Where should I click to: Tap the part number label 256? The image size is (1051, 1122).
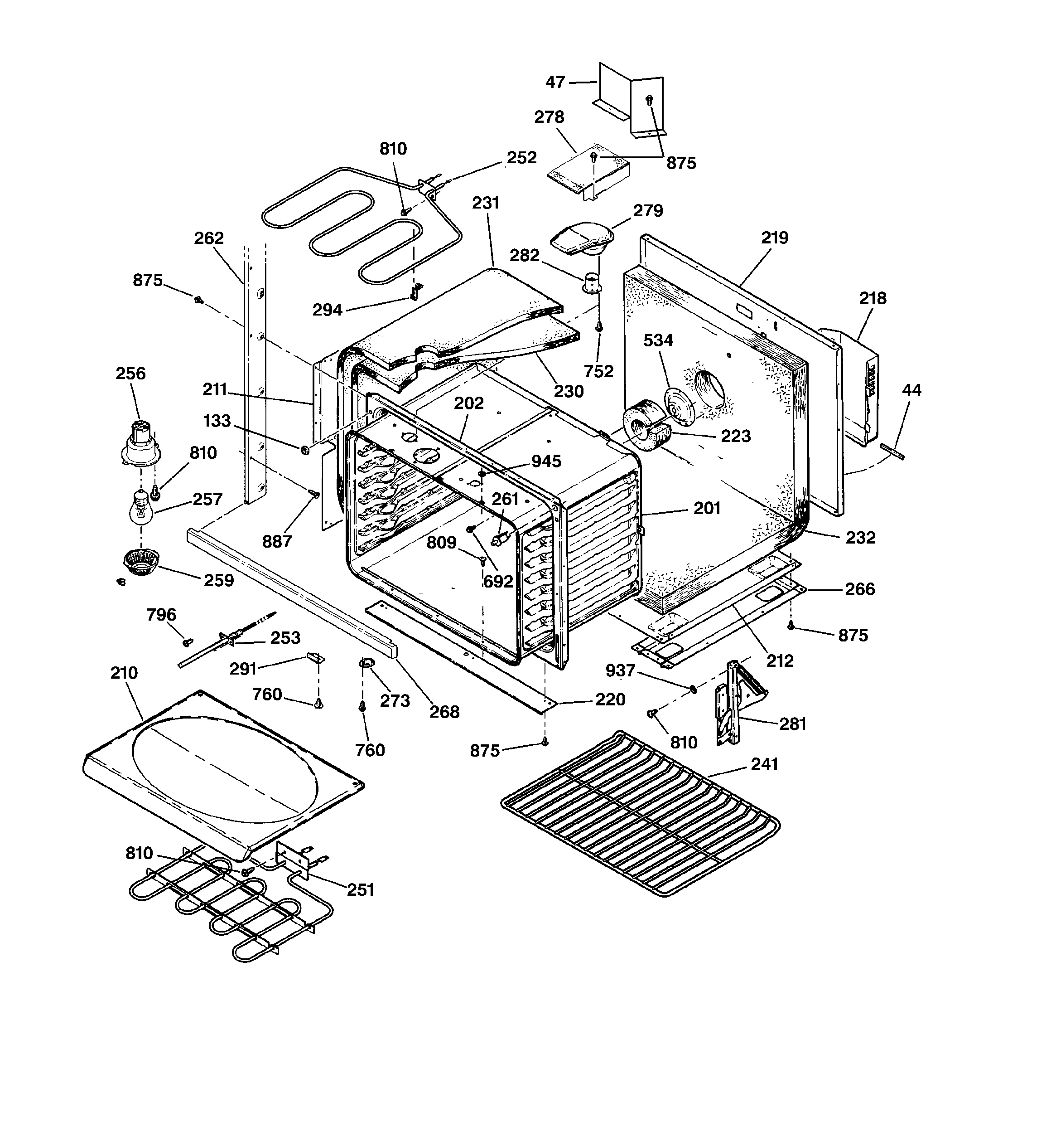[x=131, y=374]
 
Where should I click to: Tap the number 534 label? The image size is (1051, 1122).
[x=658, y=340]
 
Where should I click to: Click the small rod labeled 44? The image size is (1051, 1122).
[x=892, y=452]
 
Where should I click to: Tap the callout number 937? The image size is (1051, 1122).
[x=620, y=670]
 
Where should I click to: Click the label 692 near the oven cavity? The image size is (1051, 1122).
[x=498, y=581]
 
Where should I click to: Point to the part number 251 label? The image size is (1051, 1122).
[x=361, y=890]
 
